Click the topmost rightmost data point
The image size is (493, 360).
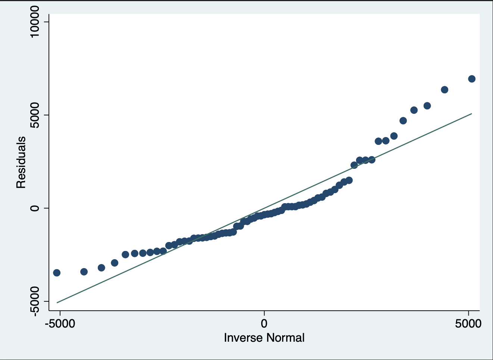click(x=471, y=79)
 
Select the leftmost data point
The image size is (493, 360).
click(x=57, y=273)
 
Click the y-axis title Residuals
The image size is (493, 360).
click(x=21, y=162)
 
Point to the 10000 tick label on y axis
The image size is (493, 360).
click(x=35, y=21)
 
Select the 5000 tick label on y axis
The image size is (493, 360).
click(x=35, y=115)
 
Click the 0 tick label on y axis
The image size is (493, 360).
click(x=35, y=208)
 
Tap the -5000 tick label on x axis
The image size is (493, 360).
click(x=60, y=323)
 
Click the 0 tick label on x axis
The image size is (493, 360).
click(x=264, y=323)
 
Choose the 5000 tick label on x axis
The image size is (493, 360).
click(x=468, y=323)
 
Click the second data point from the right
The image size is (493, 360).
click(x=444, y=90)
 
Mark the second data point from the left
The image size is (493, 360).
click(x=84, y=271)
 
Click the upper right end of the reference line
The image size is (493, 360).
click(x=472, y=114)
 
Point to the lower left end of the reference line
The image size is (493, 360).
click(x=57, y=302)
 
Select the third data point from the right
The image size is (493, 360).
click(x=427, y=106)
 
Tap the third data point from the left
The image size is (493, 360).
click(x=101, y=267)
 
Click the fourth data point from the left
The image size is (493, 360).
click(x=115, y=263)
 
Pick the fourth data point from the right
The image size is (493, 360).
click(x=414, y=110)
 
